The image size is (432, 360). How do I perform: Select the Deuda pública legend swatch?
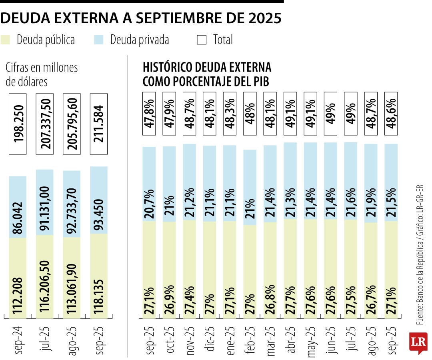coord(6,40)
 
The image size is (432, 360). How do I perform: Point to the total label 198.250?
coord(18,124)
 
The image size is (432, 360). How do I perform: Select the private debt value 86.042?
coord(18,207)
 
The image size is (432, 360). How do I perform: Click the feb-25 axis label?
coord(250,339)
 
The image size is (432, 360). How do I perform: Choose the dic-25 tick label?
coord(210,339)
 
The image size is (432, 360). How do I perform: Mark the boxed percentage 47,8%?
coord(149,113)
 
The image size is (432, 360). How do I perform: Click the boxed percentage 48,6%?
coord(391,113)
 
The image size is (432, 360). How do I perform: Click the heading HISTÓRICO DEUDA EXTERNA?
coord(207,67)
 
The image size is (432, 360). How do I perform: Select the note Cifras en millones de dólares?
coord(42,74)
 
